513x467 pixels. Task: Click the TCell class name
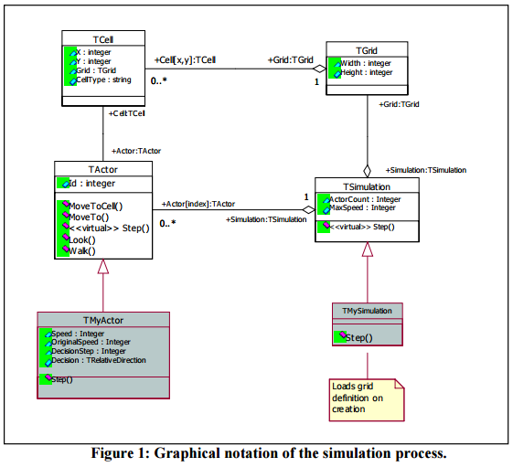click(103, 39)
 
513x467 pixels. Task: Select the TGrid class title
click(367, 50)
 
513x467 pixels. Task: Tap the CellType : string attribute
click(103, 80)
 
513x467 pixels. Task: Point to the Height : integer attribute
click(367, 72)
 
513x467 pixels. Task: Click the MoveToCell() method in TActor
click(95, 207)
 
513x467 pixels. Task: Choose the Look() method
click(82, 240)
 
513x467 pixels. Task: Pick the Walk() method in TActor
click(82, 251)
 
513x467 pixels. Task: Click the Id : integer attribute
click(92, 184)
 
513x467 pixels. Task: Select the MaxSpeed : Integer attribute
click(362, 207)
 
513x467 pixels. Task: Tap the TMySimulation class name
click(367, 311)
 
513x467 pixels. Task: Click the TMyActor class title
click(103, 320)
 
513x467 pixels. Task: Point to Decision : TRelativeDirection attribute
click(99, 360)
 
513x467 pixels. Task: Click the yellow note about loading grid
click(367, 400)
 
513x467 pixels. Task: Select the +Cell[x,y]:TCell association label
click(186, 60)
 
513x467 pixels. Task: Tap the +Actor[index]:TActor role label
click(198, 204)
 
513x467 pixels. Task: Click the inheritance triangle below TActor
click(103, 266)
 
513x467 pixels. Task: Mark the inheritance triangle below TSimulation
click(368, 249)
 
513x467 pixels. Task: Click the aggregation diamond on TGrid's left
click(319, 69)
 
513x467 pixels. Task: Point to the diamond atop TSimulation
click(367, 171)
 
